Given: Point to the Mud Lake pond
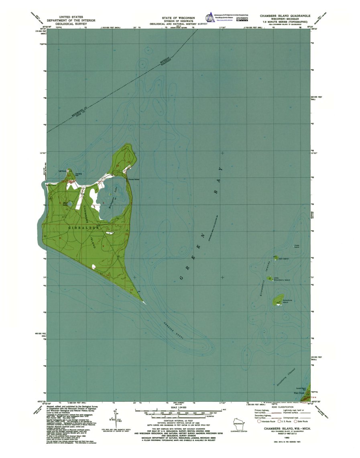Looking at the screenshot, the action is click(x=70, y=204).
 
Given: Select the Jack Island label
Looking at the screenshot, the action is click(x=283, y=259).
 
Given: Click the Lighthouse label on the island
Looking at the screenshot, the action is click(x=62, y=171).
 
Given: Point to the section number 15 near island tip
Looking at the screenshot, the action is click(x=131, y=289).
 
